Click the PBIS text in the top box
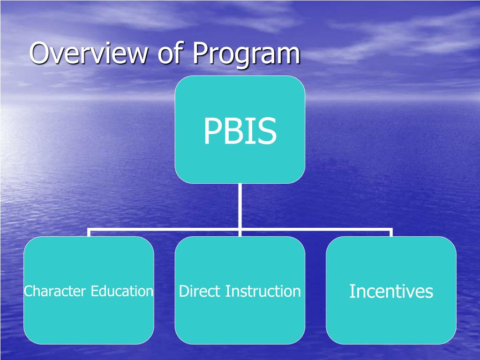pyautogui.click(x=240, y=132)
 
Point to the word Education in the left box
pyautogui.click(x=122, y=292)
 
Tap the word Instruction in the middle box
pyautogui.click(x=263, y=292)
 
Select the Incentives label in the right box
pyautogui.click(x=391, y=292)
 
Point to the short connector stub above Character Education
pyautogui.click(x=89, y=233)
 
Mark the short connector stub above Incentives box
pyautogui.click(x=391, y=233)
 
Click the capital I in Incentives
pyautogui.click(x=352, y=292)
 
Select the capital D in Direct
pyautogui.click(x=183, y=292)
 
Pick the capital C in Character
pyautogui.click(x=28, y=292)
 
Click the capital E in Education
pyautogui.click(x=94, y=292)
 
